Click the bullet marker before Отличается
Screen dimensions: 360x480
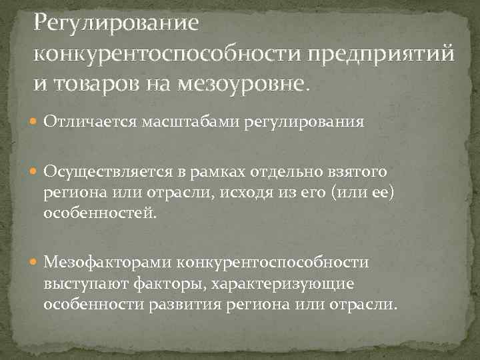[34, 123]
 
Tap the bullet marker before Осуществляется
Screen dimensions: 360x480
[34, 173]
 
